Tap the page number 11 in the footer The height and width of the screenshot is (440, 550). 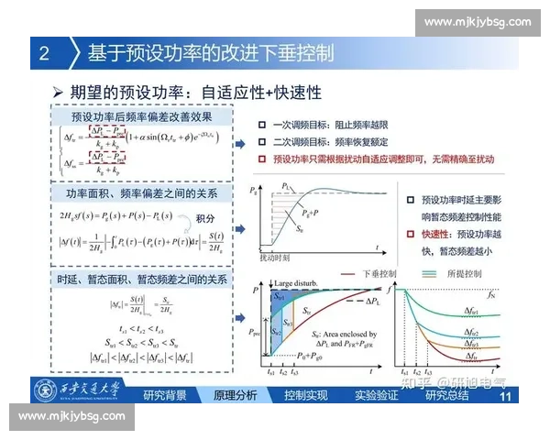pyautogui.click(x=505, y=397)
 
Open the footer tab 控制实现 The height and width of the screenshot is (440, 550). pyautogui.click(x=306, y=396)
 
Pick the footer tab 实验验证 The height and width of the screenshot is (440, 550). pyautogui.click(x=377, y=396)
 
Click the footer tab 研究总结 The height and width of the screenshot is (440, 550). pyautogui.click(x=446, y=396)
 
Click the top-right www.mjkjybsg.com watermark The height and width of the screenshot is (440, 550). pyautogui.click(x=478, y=22)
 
